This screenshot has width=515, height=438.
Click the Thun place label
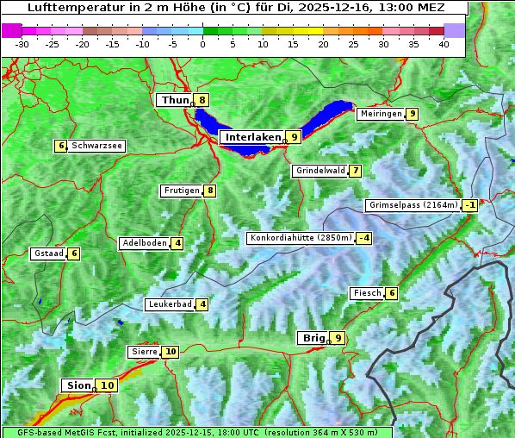click(x=175, y=100)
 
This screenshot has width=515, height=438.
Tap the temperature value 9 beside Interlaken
click(x=294, y=136)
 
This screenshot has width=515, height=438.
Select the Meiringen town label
click(x=380, y=114)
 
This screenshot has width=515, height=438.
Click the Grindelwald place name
click(x=320, y=171)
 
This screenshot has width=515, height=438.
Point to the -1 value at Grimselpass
click(x=469, y=205)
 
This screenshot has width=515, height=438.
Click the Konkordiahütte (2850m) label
click(x=301, y=238)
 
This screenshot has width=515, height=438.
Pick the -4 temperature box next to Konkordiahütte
click(x=364, y=238)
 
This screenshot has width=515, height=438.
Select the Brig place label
click(x=312, y=338)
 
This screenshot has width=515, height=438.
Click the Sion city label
click(x=77, y=385)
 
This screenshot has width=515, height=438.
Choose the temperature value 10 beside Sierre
click(x=171, y=352)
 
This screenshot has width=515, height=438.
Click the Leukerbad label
click(x=169, y=304)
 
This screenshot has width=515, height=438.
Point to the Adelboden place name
click(x=144, y=243)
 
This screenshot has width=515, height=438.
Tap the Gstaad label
click(x=48, y=253)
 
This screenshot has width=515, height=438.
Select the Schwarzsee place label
click(x=96, y=146)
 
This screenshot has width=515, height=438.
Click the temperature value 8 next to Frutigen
click(x=209, y=191)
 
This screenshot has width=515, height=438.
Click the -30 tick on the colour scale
click(x=22, y=43)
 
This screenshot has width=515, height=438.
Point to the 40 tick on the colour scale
click(x=444, y=43)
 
